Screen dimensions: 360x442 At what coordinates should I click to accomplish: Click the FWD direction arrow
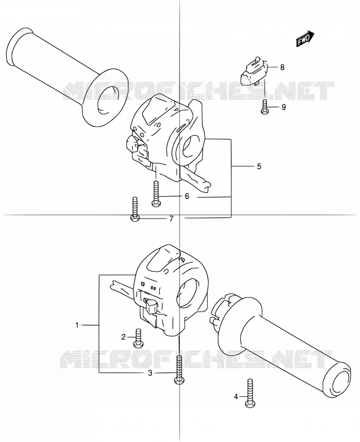click(x=305, y=38)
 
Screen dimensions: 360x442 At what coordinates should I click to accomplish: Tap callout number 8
click(x=282, y=67)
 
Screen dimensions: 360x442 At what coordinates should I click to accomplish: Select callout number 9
click(x=284, y=107)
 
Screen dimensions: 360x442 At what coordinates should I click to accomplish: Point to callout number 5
click(x=259, y=166)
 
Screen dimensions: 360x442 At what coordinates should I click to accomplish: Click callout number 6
click(x=187, y=196)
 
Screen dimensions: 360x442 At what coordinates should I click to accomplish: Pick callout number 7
click(x=171, y=219)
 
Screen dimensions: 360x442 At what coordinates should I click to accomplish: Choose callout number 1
click(x=77, y=325)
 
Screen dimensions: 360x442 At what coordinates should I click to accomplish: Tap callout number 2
click(x=123, y=337)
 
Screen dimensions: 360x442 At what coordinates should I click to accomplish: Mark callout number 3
click(x=150, y=373)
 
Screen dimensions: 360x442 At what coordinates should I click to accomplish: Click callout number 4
click(x=236, y=397)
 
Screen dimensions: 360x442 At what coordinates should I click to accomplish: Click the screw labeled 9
click(x=265, y=107)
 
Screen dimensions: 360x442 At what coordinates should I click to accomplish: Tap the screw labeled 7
click(x=135, y=209)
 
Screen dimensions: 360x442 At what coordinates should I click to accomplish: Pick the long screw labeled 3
click(x=179, y=369)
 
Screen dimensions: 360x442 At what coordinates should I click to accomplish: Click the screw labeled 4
click(x=250, y=393)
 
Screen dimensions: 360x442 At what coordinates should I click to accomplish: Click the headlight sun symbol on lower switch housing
click(x=142, y=284)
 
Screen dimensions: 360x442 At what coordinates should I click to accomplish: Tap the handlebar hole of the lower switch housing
click(x=188, y=294)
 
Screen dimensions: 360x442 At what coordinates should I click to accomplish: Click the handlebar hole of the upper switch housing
click(x=192, y=146)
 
